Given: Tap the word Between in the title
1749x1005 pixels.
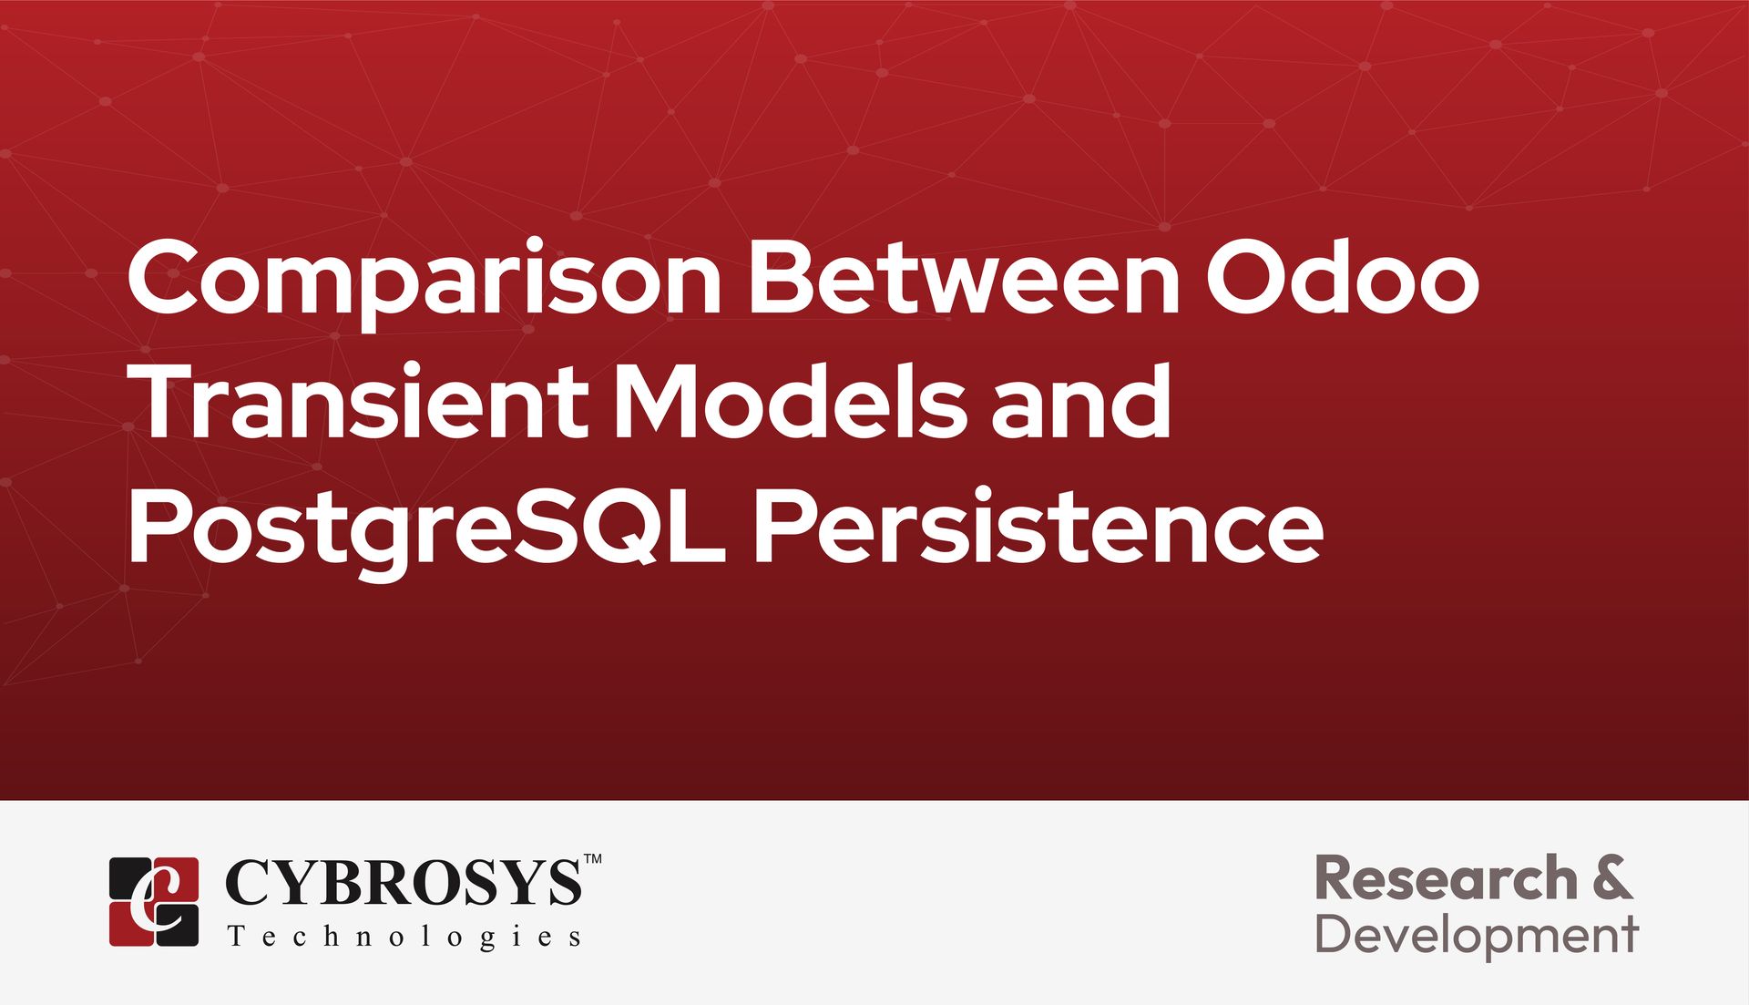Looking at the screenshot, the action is click(964, 275).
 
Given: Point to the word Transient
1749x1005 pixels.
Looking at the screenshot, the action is click(361, 401).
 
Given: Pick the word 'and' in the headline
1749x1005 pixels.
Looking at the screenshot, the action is click(1081, 401).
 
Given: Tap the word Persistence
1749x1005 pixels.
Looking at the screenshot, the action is click(1038, 528).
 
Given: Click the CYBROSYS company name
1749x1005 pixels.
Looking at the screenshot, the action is click(401, 882).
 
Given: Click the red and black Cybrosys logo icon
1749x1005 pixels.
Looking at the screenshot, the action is click(154, 901).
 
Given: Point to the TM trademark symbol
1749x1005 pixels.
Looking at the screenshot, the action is click(591, 858).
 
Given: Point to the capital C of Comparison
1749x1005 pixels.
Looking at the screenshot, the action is click(166, 275).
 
